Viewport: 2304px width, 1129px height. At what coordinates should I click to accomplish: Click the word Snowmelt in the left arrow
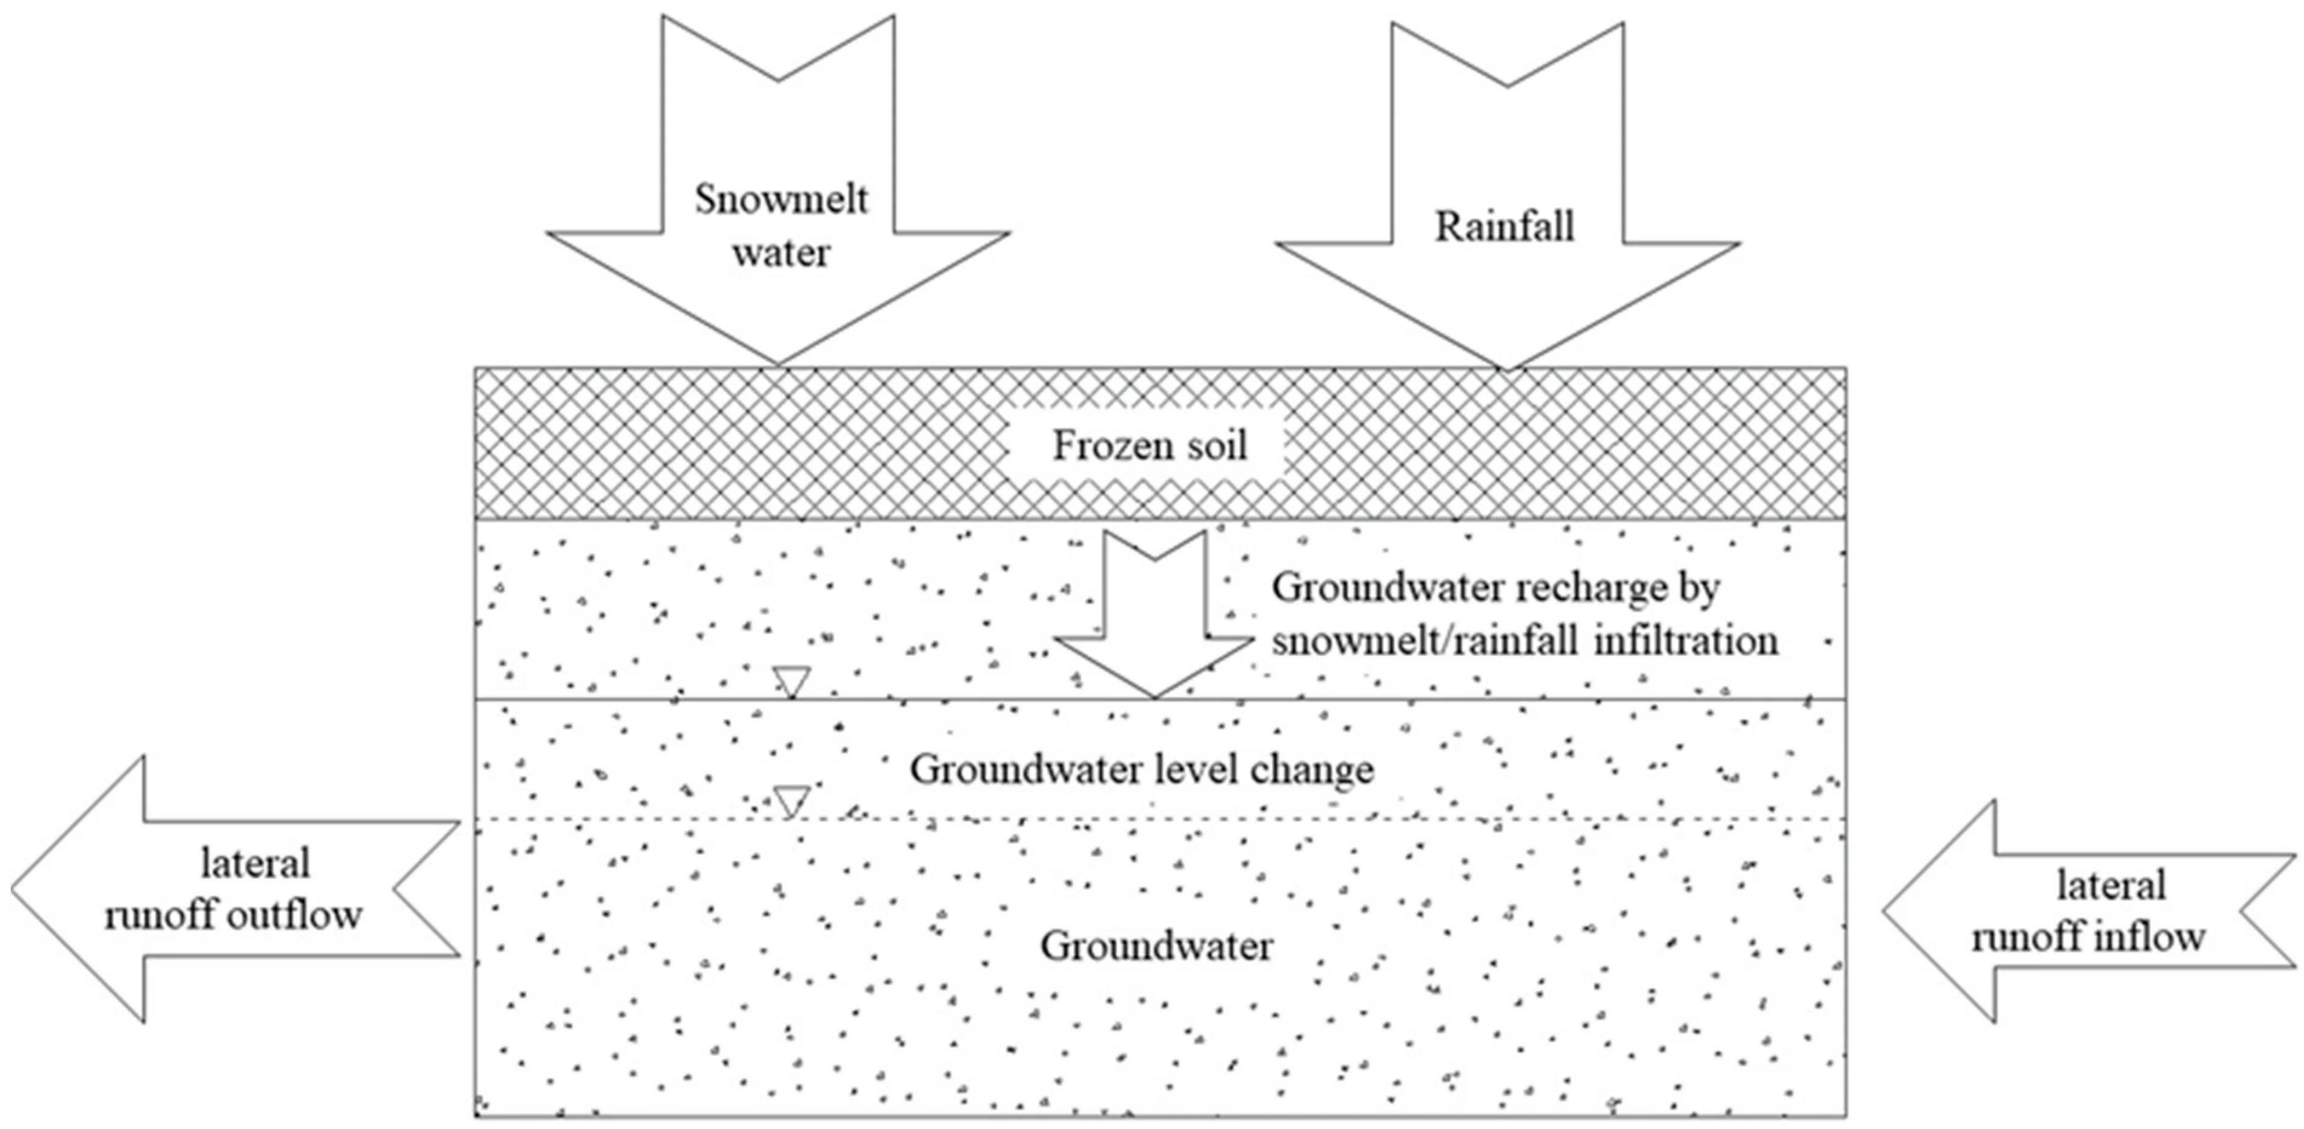pyautogui.click(x=780, y=199)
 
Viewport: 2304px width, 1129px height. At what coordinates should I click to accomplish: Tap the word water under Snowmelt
pyautogui.click(x=780, y=253)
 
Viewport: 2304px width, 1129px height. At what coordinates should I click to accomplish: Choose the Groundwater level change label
pyautogui.click(x=1141, y=769)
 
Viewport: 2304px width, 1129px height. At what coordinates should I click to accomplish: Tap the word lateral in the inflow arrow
pyautogui.click(x=2110, y=886)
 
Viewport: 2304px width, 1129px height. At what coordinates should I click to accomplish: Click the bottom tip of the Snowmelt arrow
pyautogui.click(x=777, y=362)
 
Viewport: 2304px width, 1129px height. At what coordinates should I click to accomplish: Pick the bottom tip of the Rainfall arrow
pyautogui.click(x=1507, y=367)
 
